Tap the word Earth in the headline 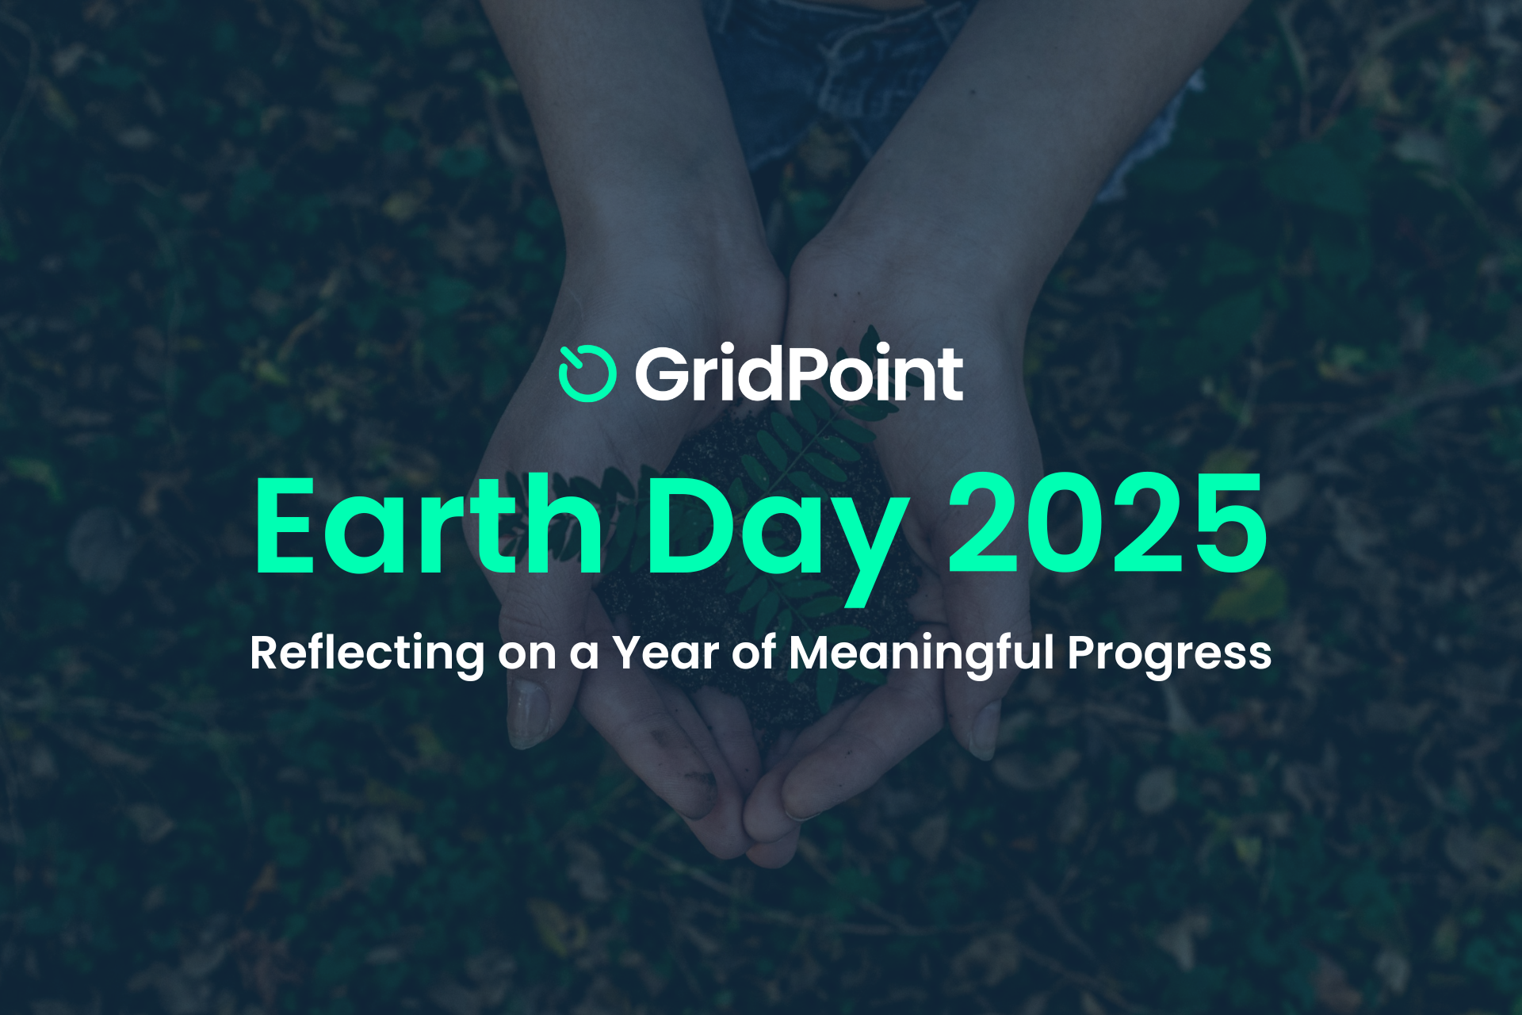429,524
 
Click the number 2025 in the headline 1108,523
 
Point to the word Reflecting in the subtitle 367,653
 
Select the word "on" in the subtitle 527,657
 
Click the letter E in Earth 285,524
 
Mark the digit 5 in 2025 1231,524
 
